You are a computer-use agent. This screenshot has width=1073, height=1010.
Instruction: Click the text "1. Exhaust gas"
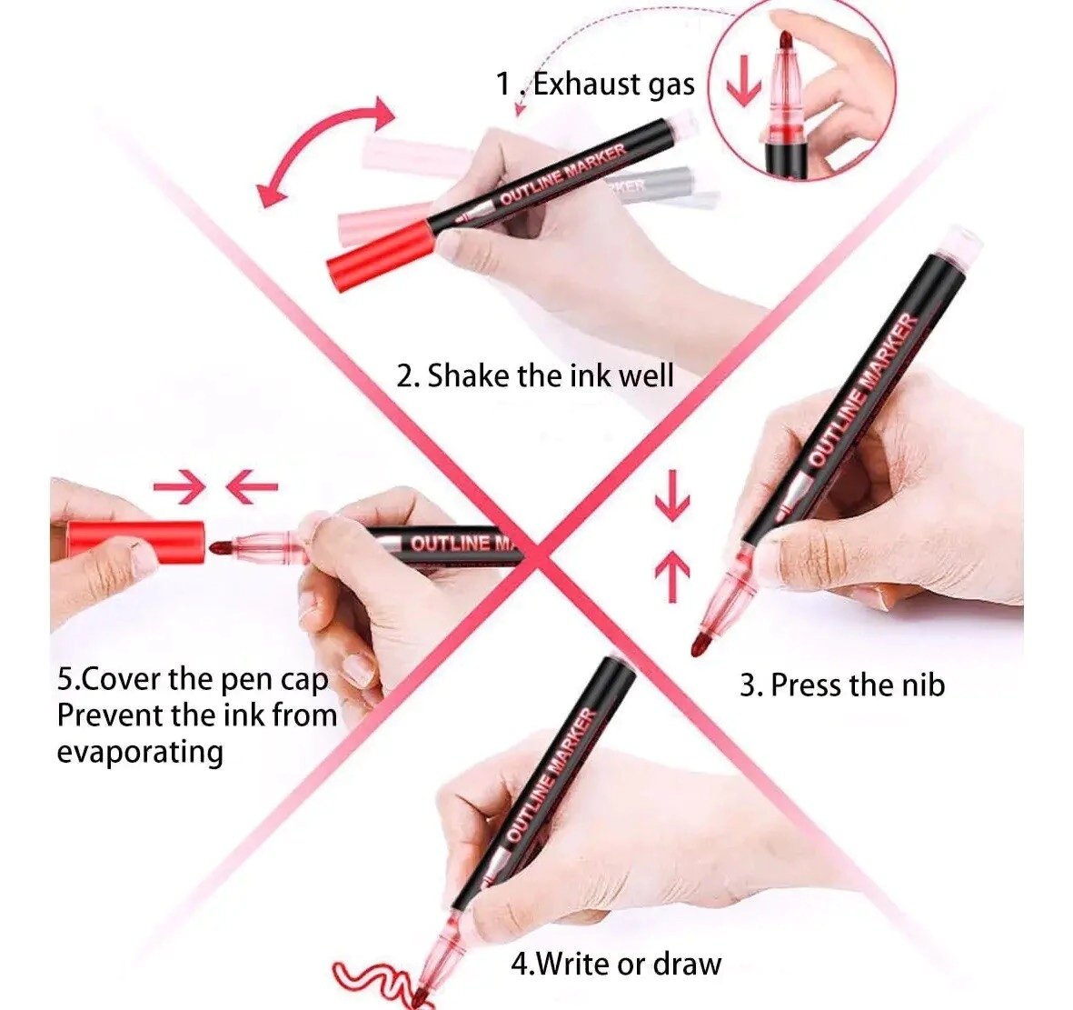click(595, 85)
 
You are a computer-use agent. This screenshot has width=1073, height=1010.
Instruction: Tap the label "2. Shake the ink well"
click(535, 375)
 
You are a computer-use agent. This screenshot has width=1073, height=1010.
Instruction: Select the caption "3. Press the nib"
click(842, 685)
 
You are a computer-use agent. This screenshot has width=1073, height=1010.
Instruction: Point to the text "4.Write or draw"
click(616, 965)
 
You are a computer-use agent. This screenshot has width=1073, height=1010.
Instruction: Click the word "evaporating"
click(140, 753)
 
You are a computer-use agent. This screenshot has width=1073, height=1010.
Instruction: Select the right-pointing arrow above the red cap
click(179, 487)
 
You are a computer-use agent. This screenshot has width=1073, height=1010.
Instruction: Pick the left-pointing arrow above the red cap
click(252, 487)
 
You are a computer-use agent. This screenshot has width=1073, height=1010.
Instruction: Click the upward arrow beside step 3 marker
click(672, 576)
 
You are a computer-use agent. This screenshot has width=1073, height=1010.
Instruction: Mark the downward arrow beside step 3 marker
click(672, 495)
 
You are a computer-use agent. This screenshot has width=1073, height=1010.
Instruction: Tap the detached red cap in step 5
click(135, 543)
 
